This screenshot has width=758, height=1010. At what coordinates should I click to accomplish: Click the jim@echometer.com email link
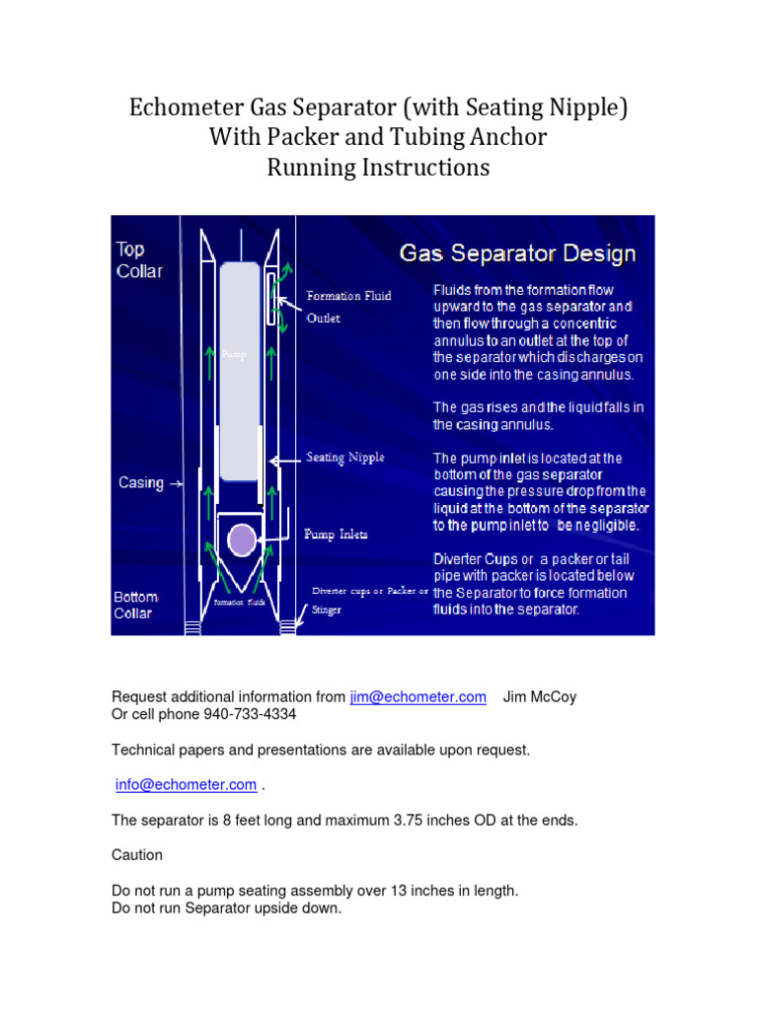pyautogui.click(x=417, y=697)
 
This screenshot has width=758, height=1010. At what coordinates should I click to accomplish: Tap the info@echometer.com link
pyautogui.click(x=186, y=785)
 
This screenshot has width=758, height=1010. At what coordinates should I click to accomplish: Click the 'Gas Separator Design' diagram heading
pyautogui.click(x=517, y=253)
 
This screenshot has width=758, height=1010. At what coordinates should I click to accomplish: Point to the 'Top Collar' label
pyautogui.click(x=140, y=260)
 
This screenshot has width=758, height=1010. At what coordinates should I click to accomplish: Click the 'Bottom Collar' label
pyautogui.click(x=136, y=605)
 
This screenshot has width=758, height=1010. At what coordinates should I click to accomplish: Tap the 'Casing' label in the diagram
pyautogui.click(x=141, y=482)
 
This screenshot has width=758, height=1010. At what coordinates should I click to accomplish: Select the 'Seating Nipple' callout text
pyautogui.click(x=344, y=458)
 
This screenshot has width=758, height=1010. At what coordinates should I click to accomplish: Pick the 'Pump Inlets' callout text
pyautogui.click(x=336, y=535)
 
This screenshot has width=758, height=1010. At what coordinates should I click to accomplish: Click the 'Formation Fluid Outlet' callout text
pyautogui.click(x=348, y=306)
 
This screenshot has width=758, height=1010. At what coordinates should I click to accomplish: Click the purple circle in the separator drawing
pyautogui.click(x=242, y=540)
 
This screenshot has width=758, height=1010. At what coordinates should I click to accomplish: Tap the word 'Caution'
pyautogui.click(x=137, y=855)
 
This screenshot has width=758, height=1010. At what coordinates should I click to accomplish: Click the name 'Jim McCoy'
pyautogui.click(x=540, y=697)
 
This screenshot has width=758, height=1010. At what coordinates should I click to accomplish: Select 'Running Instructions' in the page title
pyautogui.click(x=378, y=168)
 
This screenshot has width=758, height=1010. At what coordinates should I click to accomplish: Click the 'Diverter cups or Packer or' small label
pyautogui.click(x=370, y=591)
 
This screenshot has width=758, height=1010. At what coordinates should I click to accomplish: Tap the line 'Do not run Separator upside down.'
pyautogui.click(x=226, y=908)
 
